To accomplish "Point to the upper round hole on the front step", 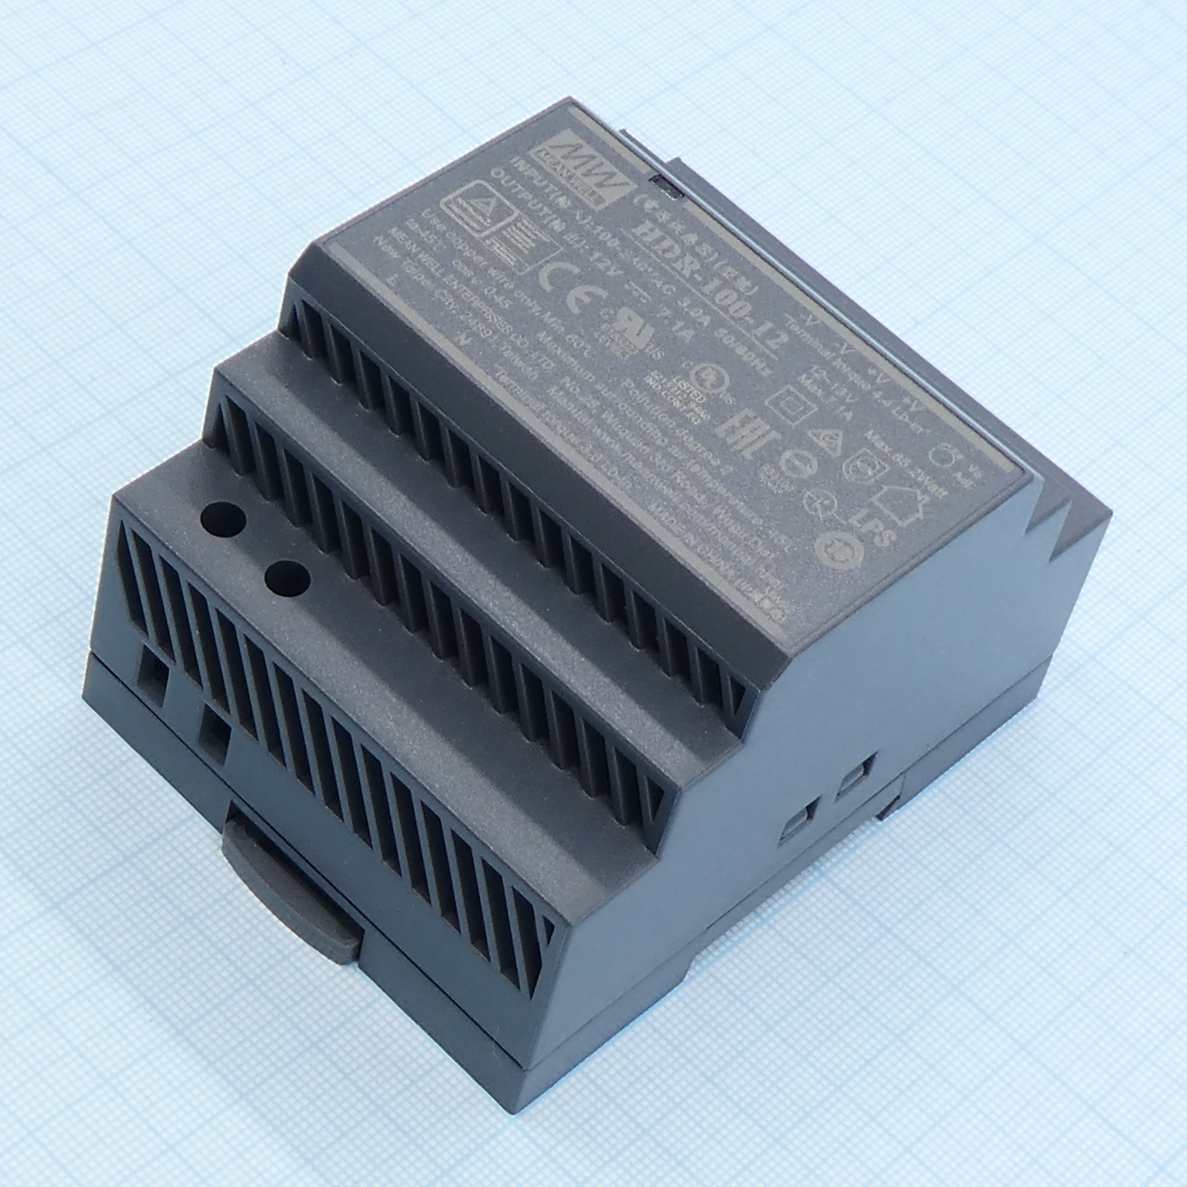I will coord(224,520).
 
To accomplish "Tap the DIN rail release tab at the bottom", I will coord(289,891).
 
